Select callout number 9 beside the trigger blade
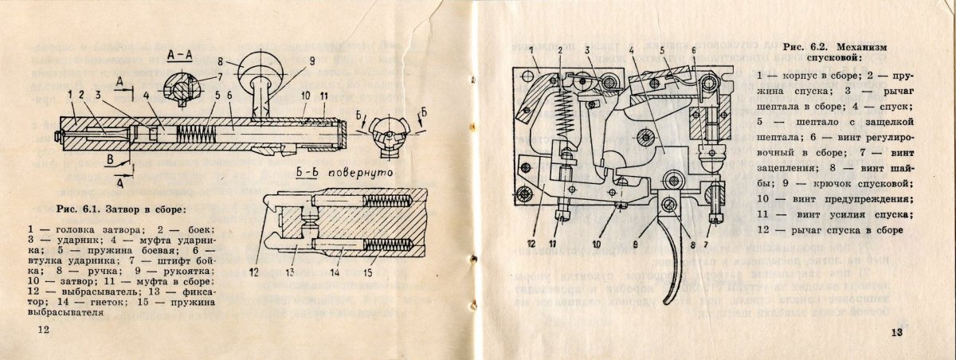point(634,243)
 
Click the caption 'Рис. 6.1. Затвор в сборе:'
point(121,209)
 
